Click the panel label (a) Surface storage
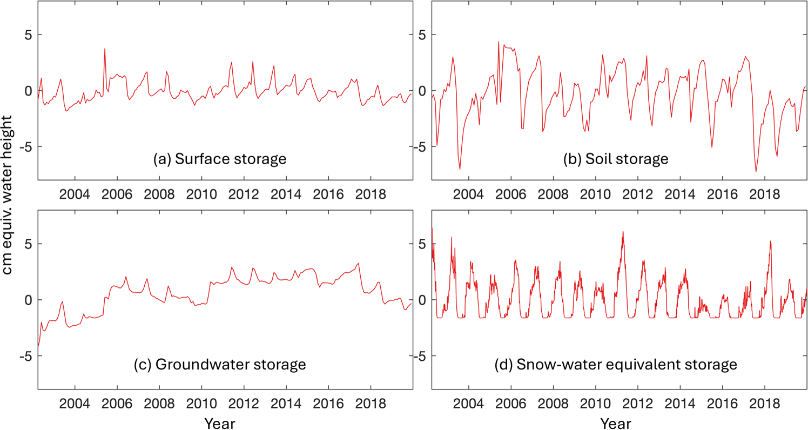220,159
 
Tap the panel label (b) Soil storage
616,159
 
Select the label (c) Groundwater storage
220,365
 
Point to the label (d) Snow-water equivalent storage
616,365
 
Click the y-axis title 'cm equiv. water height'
7,195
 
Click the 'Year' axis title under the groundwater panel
220,423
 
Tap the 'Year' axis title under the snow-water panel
616,423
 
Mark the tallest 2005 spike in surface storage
105,49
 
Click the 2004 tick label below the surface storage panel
75,194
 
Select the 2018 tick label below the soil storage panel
764,194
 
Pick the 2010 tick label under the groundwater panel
201,404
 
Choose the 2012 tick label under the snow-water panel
637,404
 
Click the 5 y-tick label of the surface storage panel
29,35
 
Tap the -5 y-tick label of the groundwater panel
26,357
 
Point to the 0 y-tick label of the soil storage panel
422,91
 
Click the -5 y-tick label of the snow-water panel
420,357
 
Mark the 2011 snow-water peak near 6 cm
623,232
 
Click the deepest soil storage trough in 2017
756,171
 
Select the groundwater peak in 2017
358,263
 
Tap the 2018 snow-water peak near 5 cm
771,241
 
